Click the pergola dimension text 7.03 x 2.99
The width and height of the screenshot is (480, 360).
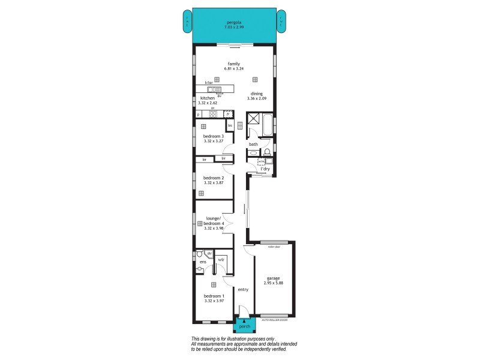234,28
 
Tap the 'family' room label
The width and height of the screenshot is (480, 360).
234,64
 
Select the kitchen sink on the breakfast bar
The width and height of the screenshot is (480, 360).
217,90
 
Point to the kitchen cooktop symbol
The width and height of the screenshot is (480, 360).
212,113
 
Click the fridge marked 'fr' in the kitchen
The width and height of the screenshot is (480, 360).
228,113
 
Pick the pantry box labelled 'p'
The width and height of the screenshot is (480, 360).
199,114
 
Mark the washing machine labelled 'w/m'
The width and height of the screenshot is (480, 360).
261,161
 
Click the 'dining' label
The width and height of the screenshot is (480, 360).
257,94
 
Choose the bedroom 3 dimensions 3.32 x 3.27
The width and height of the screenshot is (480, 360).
214,141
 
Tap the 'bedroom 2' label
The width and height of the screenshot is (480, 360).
214,178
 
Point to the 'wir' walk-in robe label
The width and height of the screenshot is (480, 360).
221,259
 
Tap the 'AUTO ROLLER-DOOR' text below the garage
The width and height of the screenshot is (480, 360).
275,320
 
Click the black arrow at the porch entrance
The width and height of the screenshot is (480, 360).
244,322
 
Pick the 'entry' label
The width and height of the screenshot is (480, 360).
243,289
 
